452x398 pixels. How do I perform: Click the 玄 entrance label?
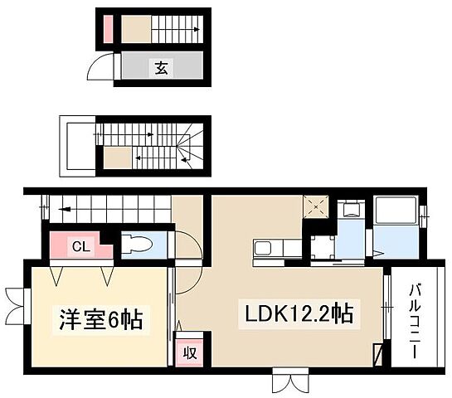click(160, 68)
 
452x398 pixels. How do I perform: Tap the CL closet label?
click(81, 245)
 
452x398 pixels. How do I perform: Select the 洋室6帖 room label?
click(99, 319)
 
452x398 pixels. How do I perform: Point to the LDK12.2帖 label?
click(299, 314)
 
